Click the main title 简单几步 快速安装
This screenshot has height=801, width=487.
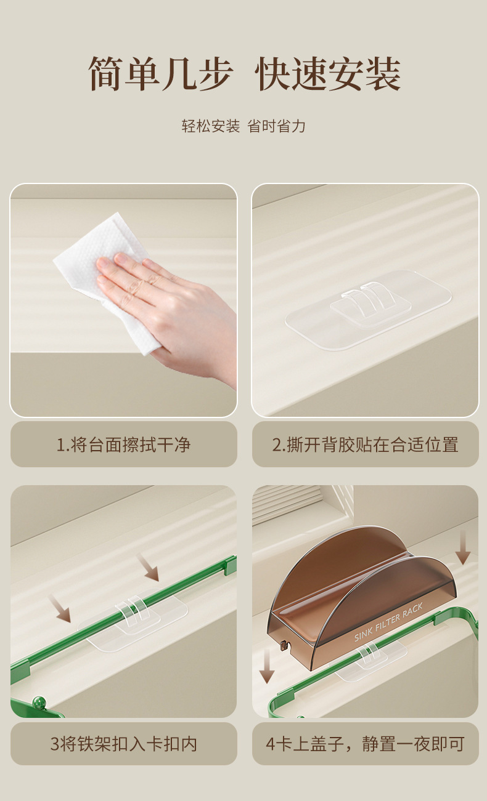click(x=244, y=73)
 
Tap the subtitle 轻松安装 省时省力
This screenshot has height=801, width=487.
click(x=243, y=126)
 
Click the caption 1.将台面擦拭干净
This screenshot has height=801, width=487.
click(x=123, y=445)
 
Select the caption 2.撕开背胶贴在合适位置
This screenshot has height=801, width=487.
click(x=365, y=445)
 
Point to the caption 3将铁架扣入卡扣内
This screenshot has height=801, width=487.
click(x=123, y=744)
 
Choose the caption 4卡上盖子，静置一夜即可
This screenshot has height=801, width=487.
click(x=365, y=744)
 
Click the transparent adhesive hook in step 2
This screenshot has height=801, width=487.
click(x=368, y=310)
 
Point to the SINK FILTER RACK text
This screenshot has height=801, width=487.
click(x=388, y=622)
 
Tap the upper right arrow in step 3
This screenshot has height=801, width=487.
click(x=147, y=568)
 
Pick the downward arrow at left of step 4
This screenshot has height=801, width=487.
click(x=267, y=666)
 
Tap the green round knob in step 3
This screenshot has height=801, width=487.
click(x=38, y=702)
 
